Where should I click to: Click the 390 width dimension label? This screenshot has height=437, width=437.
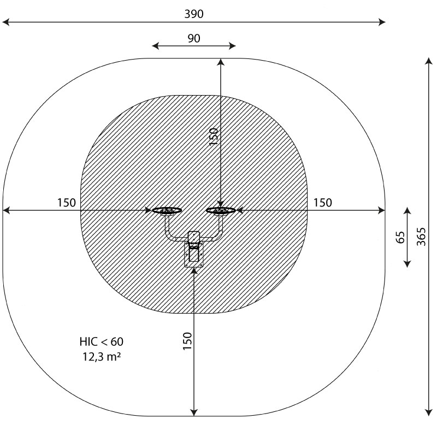pyautogui.click(x=194, y=14)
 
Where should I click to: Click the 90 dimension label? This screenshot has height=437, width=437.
pyautogui.click(x=194, y=38)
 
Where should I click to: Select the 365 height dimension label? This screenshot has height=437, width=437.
pyautogui.click(x=421, y=237)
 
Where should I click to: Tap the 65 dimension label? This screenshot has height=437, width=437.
pyautogui.click(x=400, y=237)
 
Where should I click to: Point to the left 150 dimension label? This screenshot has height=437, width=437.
pyautogui.click(x=66, y=203)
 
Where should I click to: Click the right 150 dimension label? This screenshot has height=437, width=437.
pyautogui.click(x=323, y=203)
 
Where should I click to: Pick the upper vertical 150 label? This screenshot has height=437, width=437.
pyautogui.click(x=213, y=136)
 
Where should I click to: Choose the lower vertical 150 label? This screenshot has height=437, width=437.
pyautogui.click(x=187, y=341)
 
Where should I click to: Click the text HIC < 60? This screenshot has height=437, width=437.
pyautogui.click(x=102, y=342)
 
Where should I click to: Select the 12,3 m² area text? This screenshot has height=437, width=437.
pyautogui.click(x=102, y=357)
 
